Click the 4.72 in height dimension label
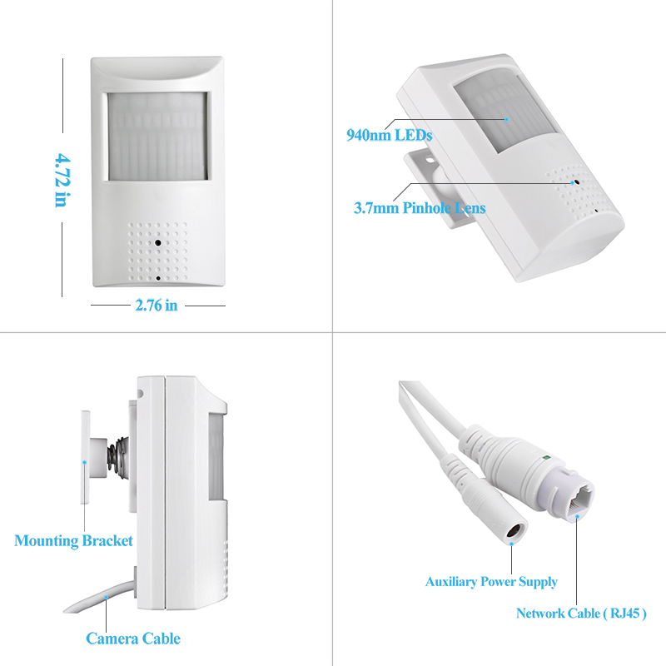click(62, 180)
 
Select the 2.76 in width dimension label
click(157, 306)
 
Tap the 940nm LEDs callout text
click(389, 135)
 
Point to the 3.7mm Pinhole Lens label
click(420, 207)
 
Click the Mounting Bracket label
click(73, 540)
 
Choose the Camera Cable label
click(133, 639)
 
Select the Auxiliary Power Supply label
click(491, 581)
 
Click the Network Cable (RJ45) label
click(581, 614)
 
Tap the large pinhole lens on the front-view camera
click(158, 243)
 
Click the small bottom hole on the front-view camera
click(158, 278)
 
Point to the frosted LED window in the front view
click(157, 137)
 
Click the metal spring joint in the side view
click(117, 457)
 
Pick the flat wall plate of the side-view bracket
click(86, 457)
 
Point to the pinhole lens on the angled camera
click(577, 182)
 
